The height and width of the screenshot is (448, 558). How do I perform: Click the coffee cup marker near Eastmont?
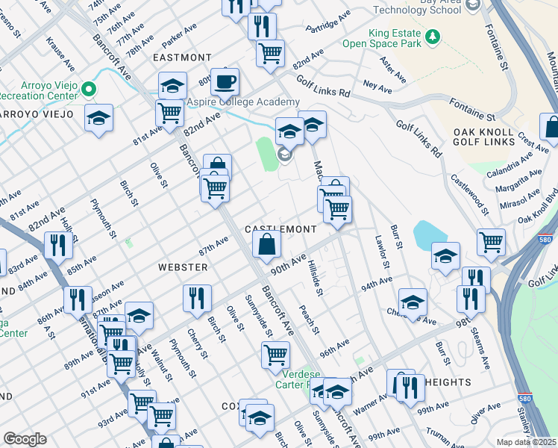tap(225, 81)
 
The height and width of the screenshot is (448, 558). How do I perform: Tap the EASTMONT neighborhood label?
tap(182, 57)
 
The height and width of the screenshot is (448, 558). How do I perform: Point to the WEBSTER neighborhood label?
tap(182, 267)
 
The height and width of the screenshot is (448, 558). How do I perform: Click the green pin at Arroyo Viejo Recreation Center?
tap(89, 90)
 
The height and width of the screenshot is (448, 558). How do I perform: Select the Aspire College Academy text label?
tap(243, 102)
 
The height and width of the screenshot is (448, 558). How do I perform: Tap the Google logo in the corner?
tap(25, 439)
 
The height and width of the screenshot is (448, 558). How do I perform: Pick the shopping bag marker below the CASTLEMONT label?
tap(266, 243)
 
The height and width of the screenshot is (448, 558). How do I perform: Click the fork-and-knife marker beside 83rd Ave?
tap(57, 245)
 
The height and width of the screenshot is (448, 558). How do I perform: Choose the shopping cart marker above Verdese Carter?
tap(275, 354)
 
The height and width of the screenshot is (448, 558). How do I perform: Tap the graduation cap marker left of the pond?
tap(445, 255)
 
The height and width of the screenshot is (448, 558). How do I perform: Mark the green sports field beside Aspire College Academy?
tap(264, 153)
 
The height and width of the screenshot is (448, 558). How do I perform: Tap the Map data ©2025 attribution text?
tap(527, 441)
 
